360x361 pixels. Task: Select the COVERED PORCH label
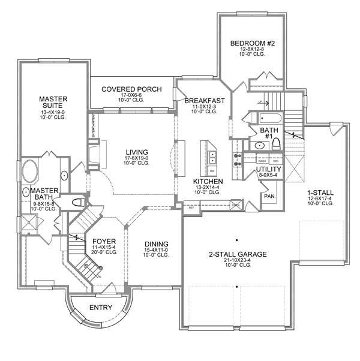(131, 89)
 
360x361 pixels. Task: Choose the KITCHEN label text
(208, 180)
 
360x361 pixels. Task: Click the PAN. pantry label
(269, 195)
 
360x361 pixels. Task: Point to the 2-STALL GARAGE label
(238, 254)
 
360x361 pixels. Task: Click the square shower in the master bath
(28, 222)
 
